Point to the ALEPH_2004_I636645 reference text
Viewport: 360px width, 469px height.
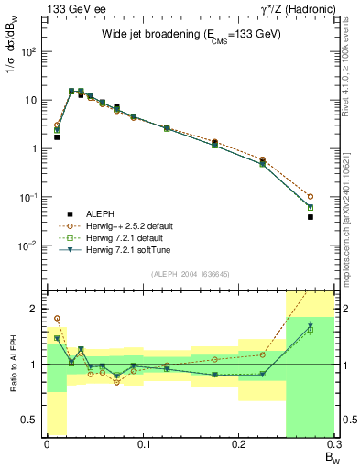point(189,274)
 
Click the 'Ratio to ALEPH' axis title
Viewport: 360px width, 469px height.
point(13,364)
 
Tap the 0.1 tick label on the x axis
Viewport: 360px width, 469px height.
point(142,446)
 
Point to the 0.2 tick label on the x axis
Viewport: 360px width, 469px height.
point(238,446)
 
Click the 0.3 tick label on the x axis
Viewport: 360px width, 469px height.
point(333,446)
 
